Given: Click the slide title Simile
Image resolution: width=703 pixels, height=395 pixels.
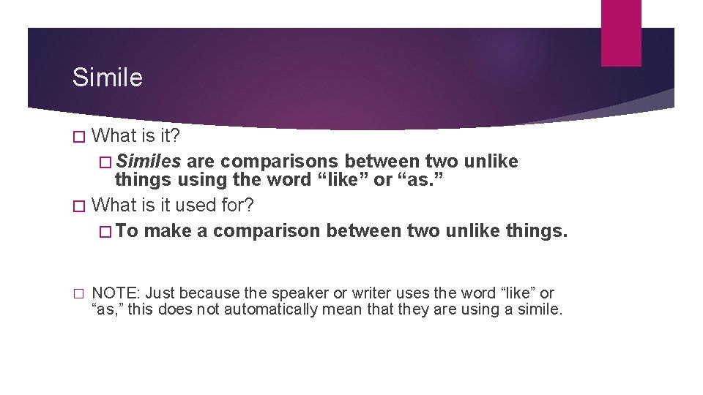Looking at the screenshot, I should (x=107, y=77).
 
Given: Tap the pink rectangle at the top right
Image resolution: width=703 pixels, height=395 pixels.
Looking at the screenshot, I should (x=621, y=33).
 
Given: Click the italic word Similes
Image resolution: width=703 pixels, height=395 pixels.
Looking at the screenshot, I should (x=149, y=161).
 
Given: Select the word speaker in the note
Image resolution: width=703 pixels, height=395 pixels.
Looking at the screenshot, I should (x=300, y=293).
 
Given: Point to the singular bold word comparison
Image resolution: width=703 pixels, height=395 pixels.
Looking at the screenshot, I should (x=267, y=231).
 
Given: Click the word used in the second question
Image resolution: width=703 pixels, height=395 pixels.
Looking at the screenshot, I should (x=186, y=206).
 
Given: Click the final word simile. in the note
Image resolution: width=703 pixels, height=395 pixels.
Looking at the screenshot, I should (x=538, y=309).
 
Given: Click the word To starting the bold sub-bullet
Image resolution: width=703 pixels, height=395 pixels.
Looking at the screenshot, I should (x=127, y=231).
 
